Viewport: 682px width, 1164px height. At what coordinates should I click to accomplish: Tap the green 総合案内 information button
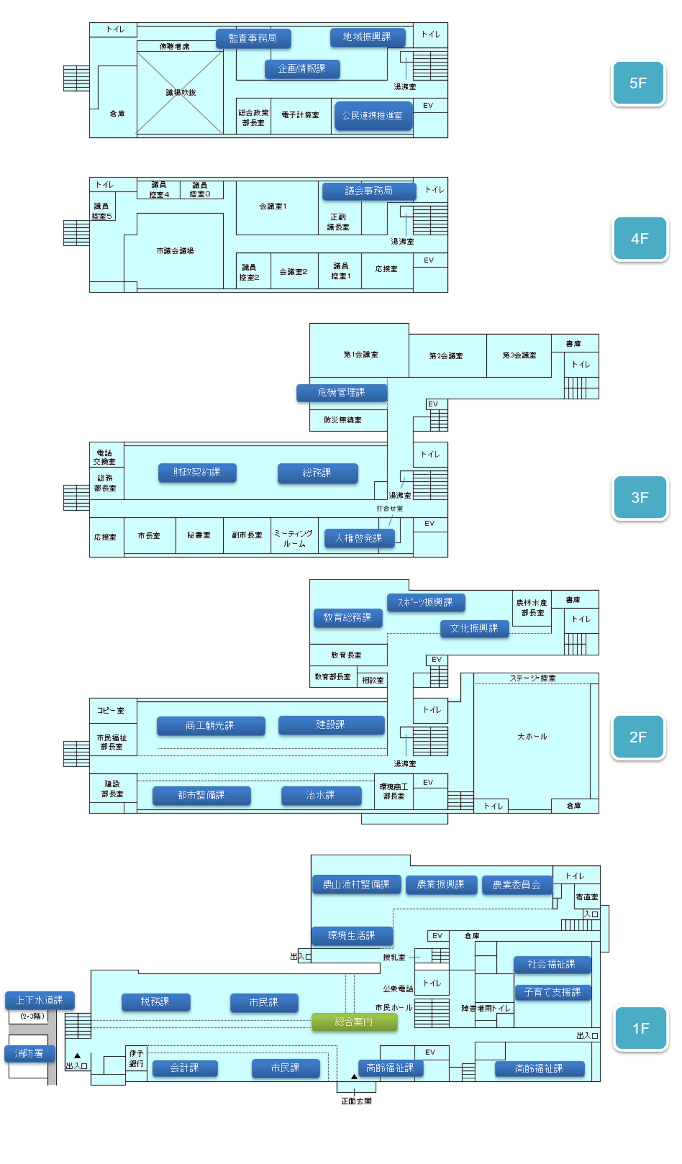pyautogui.click(x=354, y=1021)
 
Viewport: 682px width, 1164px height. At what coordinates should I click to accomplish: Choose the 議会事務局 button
pyautogui.click(x=369, y=191)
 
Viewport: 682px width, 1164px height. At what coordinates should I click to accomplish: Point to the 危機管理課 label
pyautogui.click(x=341, y=392)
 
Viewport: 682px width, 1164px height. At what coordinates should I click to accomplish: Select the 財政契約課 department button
pyautogui.click(x=197, y=472)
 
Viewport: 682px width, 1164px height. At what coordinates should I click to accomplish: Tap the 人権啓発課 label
pyautogui.click(x=359, y=538)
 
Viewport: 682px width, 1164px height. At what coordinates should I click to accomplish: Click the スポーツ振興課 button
pyautogui.click(x=425, y=602)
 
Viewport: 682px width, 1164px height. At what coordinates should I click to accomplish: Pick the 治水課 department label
pyautogui.click(x=321, y=795)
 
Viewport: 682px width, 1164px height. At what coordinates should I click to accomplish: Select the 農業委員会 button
pyautogui.click(x=517, y=884)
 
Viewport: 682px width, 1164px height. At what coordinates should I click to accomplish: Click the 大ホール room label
pyautogui.click(x=532, y=736)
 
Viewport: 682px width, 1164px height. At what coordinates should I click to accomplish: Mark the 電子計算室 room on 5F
pyautogui.click(x=300, y=115)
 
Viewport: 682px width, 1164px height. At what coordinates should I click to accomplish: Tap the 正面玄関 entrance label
pyautogui.click(x=356, y=1101)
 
